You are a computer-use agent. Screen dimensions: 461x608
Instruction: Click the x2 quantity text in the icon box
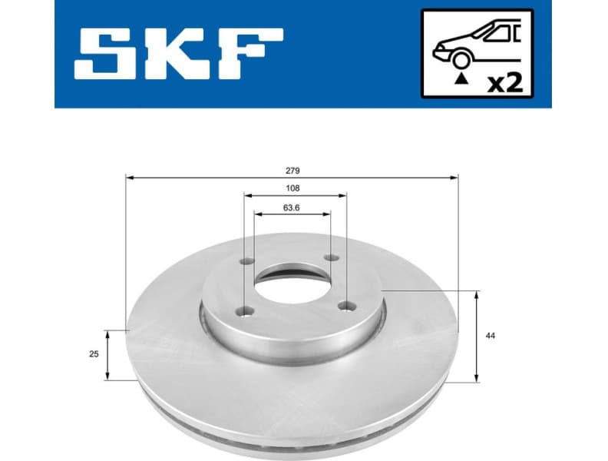[504, 81]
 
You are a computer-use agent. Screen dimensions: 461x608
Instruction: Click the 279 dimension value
[292, 170]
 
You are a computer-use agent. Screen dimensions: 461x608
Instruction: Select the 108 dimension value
[292, 188]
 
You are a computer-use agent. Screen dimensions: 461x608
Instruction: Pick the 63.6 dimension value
[292, 207]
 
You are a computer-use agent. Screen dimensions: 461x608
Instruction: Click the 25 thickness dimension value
[94, 354]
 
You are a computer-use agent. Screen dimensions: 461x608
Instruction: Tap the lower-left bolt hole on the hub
[245, 311]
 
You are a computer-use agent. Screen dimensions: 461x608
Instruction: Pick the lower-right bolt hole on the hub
[343, 307]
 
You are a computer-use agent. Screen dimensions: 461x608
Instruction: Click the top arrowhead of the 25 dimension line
[107, 334]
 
